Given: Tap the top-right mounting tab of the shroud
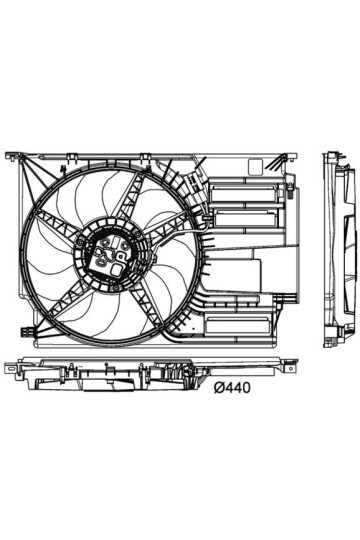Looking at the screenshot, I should click(x=290, y=156).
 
